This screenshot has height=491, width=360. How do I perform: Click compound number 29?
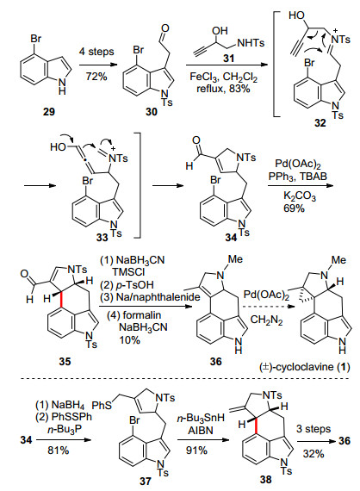point(49,111)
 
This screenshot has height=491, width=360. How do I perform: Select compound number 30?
point(152,112)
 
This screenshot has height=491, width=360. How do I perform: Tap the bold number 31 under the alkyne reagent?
point(228,59)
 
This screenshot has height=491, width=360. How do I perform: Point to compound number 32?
point(320,123)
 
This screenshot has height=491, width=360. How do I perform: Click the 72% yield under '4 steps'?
point(96,76)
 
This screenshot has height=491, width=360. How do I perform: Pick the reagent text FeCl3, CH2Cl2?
point(224,77)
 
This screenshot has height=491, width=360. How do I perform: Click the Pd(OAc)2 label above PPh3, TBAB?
point(298,164)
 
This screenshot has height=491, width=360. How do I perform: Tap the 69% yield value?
point(294,208)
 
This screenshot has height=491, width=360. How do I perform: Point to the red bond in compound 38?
point(257,426)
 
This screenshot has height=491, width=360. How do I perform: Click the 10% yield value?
point(129,339)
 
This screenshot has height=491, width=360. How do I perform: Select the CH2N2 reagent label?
point(267,320)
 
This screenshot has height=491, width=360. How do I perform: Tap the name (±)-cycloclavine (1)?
point(304,367)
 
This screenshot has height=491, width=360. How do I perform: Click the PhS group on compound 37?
point(102,406)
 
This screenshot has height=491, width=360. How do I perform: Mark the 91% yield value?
point(196,451)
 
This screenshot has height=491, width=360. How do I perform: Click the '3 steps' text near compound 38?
point(313,429)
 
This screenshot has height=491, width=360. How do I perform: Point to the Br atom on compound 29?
point(35,39)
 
